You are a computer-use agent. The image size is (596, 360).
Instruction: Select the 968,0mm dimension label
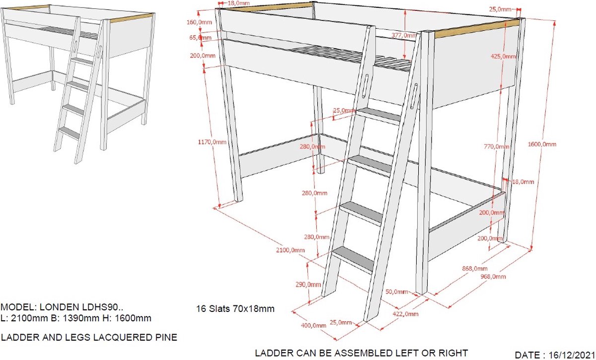pyautogui.click(x=493, y=277)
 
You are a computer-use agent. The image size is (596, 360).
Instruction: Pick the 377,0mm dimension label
pyautogui.click(x=404, y=35)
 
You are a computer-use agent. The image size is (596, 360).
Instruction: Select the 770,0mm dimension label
pyautogui.click(x=497, y=146)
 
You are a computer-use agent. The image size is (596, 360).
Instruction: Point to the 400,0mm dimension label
pyautogui.click(x=313, y=325)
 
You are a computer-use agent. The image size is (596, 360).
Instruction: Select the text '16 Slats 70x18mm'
pyautogui.click(x=235, y=309)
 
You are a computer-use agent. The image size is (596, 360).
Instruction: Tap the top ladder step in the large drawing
pyautogui.click(x=380, y=115)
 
